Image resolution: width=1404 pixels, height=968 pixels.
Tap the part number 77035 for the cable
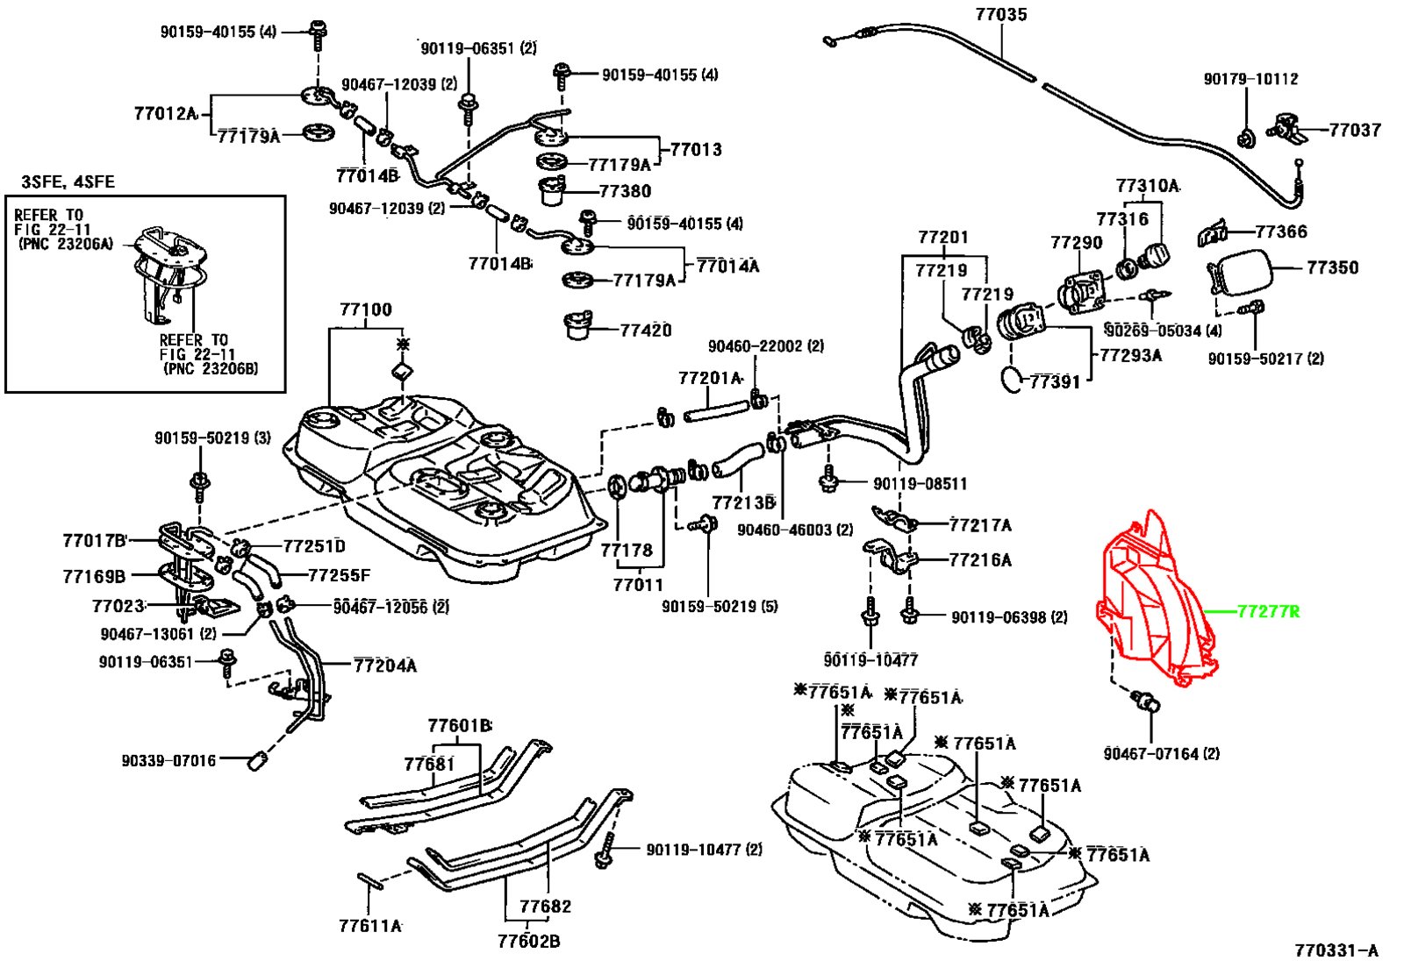point(1000,15)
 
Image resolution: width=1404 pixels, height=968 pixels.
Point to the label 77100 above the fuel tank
point(366,310)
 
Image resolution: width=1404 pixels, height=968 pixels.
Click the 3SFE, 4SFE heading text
point(68,181)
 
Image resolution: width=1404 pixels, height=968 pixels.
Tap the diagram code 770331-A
point(1336,950)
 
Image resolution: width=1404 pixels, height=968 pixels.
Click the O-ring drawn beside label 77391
point(1012,379)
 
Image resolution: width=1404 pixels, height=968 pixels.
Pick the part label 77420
point(645,331)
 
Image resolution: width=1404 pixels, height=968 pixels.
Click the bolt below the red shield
point(1145,701)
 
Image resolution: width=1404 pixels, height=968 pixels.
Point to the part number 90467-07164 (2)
point(1161,753)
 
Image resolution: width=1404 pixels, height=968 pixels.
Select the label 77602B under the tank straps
point(528,942)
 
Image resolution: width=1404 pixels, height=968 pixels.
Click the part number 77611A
point(369,925)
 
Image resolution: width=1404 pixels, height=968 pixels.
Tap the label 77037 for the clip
point(1355,131)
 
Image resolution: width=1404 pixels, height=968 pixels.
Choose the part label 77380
point(625,191)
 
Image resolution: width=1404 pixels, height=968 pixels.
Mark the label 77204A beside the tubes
point(385,665)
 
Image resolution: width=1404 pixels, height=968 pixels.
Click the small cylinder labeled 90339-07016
point(257,759)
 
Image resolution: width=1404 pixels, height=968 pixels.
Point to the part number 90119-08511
point(920,483)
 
